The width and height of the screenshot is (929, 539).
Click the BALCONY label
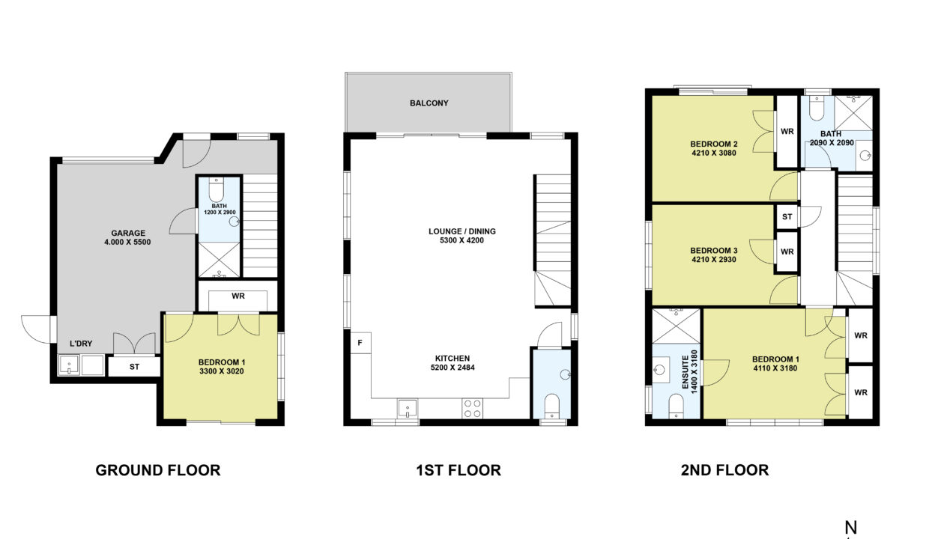pos(429,103)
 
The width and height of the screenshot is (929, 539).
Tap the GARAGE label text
pos(128,234)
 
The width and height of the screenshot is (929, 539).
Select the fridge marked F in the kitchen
pos(360,343)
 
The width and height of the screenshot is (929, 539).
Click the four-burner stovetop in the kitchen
pos(473,409)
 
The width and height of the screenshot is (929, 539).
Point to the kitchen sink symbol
pos(408,409)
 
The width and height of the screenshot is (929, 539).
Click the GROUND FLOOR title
pos(158,470)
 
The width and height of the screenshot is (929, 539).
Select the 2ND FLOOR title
pos(724,470)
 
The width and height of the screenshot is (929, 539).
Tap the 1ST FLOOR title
pos(459,470)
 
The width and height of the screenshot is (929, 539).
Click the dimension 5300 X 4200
pos(462,240)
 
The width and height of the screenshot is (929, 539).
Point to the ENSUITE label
pos(685,372)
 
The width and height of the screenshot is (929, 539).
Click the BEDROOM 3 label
pos(714,251)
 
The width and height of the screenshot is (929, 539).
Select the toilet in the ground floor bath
pos(216,189)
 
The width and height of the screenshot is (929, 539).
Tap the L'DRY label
pos(81,344)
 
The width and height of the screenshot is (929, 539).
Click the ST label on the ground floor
pos(134,367)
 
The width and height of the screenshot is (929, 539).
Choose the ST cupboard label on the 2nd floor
pos(787,216)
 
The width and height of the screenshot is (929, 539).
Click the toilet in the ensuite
pos(676,406)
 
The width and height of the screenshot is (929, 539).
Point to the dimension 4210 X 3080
pos(714,153)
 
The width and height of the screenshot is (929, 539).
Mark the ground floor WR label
pos(238,296)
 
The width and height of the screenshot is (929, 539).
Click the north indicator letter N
pos(850,528)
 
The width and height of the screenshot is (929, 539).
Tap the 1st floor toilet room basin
pos(566,374)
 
